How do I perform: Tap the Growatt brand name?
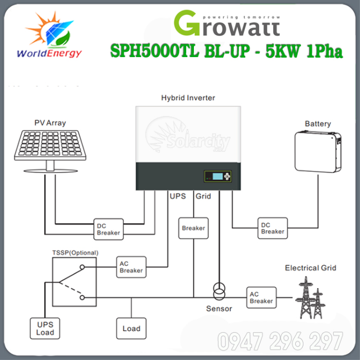[227, 22]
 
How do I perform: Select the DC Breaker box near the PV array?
[108, 228]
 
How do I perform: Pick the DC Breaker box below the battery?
[273, 228]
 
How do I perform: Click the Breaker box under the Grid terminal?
[193, 228]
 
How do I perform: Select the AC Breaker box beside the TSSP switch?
[131, 267]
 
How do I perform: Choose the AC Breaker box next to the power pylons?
[262, 297]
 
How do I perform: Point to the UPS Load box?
[45, 328]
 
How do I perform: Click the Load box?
[131, 328]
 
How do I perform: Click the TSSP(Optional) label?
[75, 253]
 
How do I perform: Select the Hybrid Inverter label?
[188, 97]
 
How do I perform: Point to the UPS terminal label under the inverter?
[177, 196]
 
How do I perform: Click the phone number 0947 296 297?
[280, 341]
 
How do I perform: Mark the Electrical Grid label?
[310, 268]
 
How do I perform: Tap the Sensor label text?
[219, 309]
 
